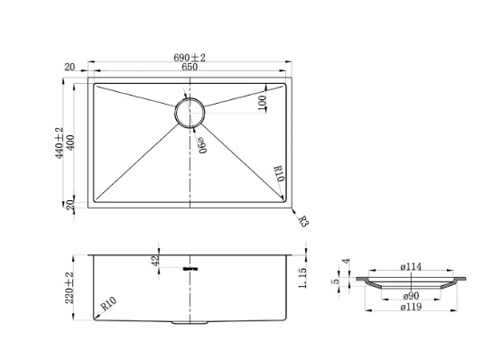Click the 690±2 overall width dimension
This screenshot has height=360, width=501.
[190, 58]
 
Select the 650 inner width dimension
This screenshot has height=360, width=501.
[190, 67]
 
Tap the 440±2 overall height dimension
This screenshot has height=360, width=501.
[60, 143]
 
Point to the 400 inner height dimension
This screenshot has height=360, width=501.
[70, 143]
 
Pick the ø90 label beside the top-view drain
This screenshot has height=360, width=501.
[202, 145]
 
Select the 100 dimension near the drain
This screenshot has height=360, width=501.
[262, 103]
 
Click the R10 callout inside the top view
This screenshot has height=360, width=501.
[279, 173]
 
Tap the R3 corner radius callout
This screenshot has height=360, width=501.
[303, 221]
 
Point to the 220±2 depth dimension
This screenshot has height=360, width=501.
[70, 288]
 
